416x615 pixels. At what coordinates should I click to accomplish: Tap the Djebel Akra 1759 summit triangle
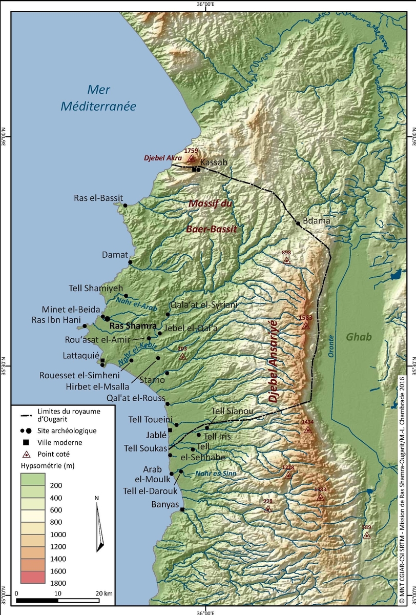click(192, 158)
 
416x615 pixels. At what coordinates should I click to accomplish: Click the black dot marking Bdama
click(298, 223)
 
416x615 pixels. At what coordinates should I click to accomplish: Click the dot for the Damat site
click(130, 262)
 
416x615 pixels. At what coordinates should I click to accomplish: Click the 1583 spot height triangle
click(306, 326)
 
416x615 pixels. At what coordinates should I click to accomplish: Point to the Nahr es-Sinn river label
click(216, 474)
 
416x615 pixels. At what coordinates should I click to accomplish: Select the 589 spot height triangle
click(366, 536)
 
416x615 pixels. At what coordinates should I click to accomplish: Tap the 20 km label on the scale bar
click(105, 593)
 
